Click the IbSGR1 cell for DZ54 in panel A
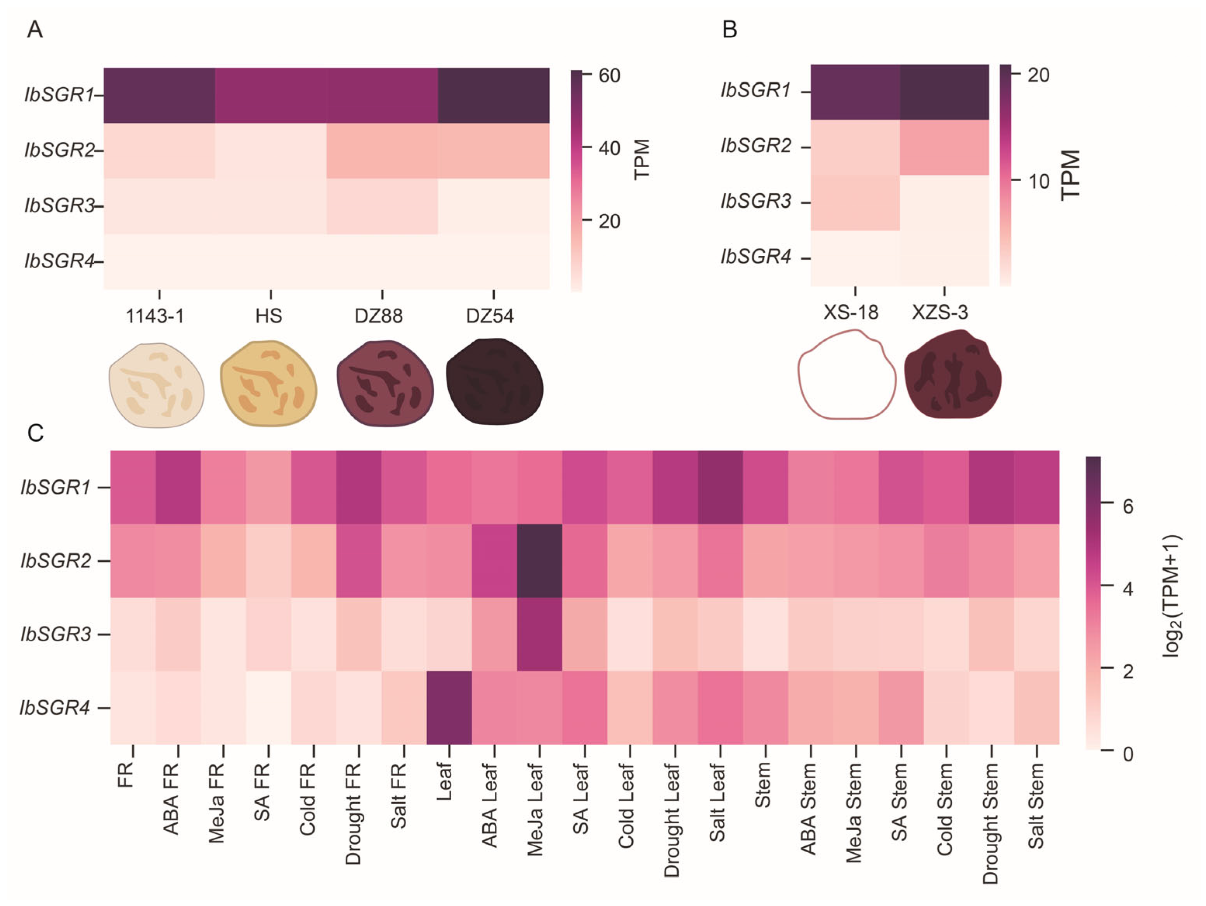click(x=494, y=95)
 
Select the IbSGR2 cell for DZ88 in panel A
click(x=382, y=151)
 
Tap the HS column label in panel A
click(x=269, y=316)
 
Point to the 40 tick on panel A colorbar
click(x=609, y=148)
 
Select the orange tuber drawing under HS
click(x=268, y=384)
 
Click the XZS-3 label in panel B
click(x=940, y=312)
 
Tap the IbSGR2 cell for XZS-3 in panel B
click(x=944, y=147)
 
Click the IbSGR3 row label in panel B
click(x=755, y=201)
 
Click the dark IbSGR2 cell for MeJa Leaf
click(x=539, y=561)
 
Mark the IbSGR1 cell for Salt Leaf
click(x=720, y=487)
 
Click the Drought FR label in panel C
click(x=353, y=813)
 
